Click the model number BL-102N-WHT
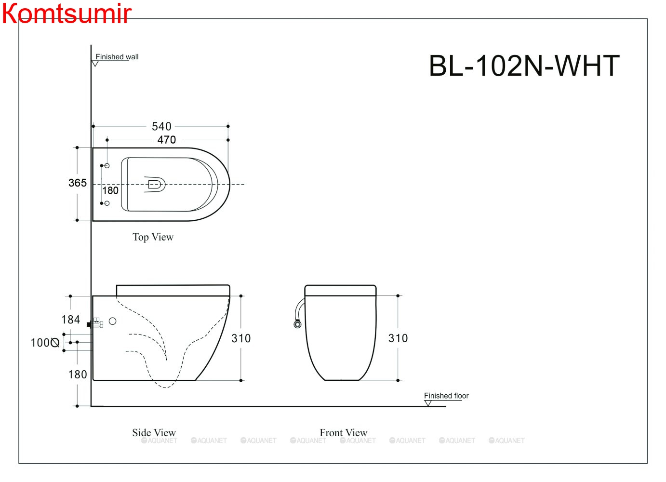click(x=524, y=66)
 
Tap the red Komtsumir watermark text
click(x=66, y=13)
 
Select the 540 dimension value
click(x=161, y=126)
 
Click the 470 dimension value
click(x=166, y=140)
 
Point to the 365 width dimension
click(x=78, y=183)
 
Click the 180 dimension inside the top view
click(x=110, y=190)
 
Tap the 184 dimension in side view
click(x=70, y=320)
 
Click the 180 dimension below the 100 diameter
click(x=77, y=375)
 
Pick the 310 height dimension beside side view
click(x=241, y=338)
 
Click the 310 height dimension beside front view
click(x=398, y=338)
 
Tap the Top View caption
click(x=153, y=237)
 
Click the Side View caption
click(x=154, y=432)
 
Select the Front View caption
click(x=343, y=432)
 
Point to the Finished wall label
click(x=117, y=57)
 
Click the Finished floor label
click(x=446, y=396)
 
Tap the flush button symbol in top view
click(x=155, y=184)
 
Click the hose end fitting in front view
click(x=297, y=324)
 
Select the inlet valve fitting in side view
click(x=96, y=323)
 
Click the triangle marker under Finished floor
click(x=428, y=403)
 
